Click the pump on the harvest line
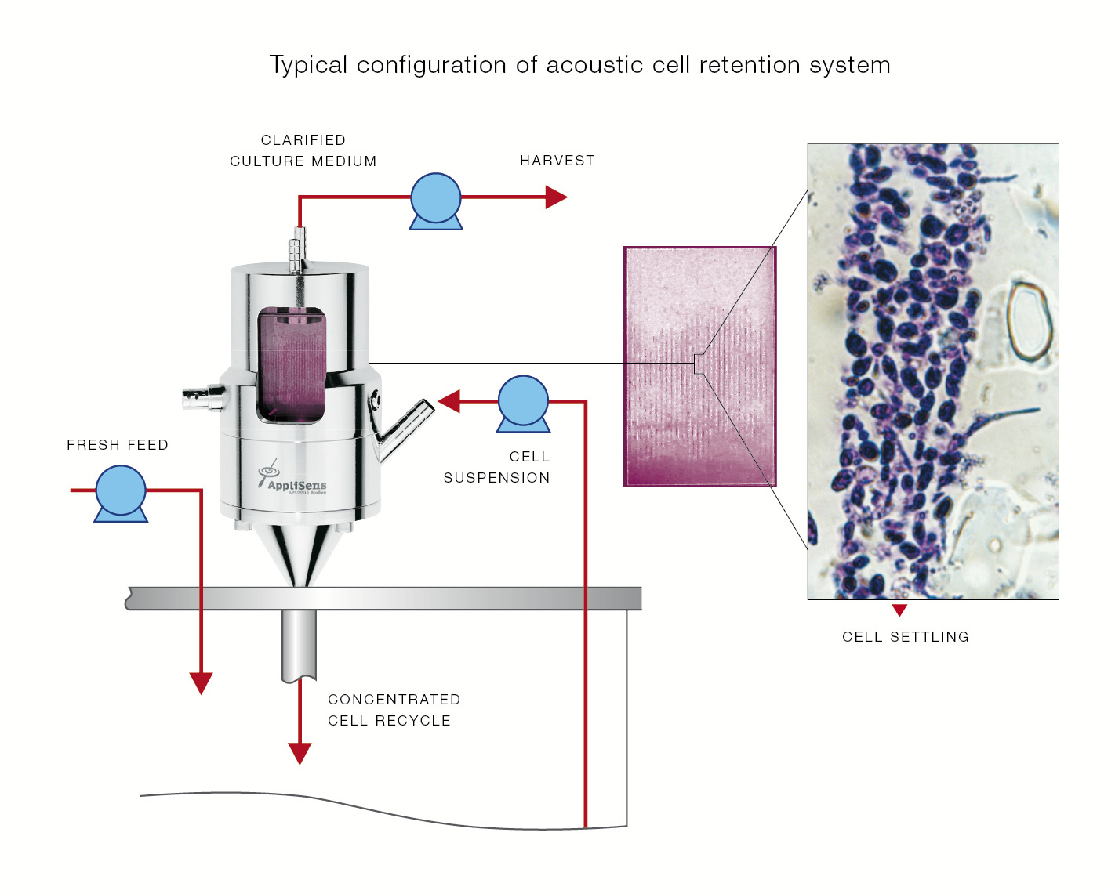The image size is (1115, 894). click(436, 199)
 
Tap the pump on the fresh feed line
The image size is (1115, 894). click(121, 492)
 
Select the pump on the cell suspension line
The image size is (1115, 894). click(523, 402)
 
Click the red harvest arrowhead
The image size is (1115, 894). click(555, 197)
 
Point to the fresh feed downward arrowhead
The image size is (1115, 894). click(202, 682)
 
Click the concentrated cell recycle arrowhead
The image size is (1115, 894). click(300, 753)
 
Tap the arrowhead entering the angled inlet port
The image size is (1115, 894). click(449, 401)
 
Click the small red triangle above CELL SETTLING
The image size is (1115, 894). click(899, 610)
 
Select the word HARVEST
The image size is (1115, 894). click(557, 161)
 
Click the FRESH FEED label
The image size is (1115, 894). click(118, 445)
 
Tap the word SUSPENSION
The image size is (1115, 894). click(496, 478)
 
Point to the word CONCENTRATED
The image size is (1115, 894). click(394, 700)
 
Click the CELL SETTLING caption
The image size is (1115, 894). click(905, 637)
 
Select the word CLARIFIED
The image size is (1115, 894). click(303, 140)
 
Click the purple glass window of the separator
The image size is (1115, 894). click(292, 365)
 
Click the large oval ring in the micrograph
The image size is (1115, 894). click(1027, 320)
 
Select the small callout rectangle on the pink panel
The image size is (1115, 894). click(698, 364)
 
